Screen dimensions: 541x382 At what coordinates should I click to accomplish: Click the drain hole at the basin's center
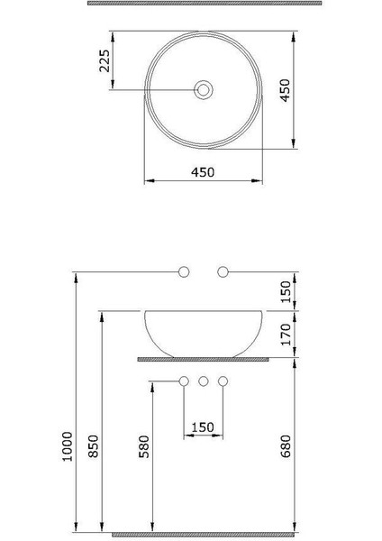[205, 89]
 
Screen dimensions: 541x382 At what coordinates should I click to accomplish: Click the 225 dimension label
[104, 61]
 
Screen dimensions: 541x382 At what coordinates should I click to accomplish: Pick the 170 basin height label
[286, 335]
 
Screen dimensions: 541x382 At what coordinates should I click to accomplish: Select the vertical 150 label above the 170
[286, 291]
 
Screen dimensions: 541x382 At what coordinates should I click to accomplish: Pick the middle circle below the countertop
[204, 381]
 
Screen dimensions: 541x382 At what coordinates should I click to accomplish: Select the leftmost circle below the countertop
[185, 381]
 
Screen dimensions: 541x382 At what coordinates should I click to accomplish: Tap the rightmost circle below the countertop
[223, 381]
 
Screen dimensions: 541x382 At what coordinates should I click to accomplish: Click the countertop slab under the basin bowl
[204, 358]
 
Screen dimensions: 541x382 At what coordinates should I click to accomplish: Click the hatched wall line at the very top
[204, 4]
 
